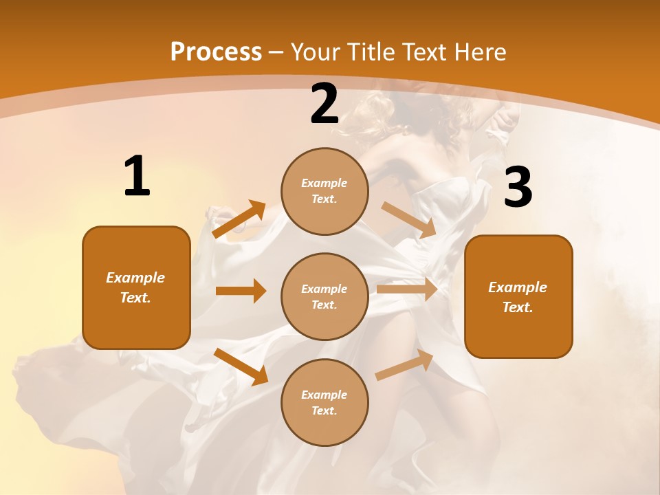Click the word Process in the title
click(x=216, y=52)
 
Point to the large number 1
click(x=137, y=176)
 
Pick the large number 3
click(x=518, y=188)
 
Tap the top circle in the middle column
click(x=324, y=191)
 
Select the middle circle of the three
click(x=324, y=296)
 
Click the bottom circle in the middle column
click(x=324, y=402)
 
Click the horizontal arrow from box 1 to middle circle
click(x=241, y=291)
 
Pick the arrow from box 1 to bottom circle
click(x=241, y=366)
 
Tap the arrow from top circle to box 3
click(x=408, y=219)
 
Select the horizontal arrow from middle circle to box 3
click(x=407, y=289)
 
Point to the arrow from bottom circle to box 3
click(x=404, y=364)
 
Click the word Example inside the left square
click(x=135, y=278)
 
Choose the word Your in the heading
click(x=317, y=52)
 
